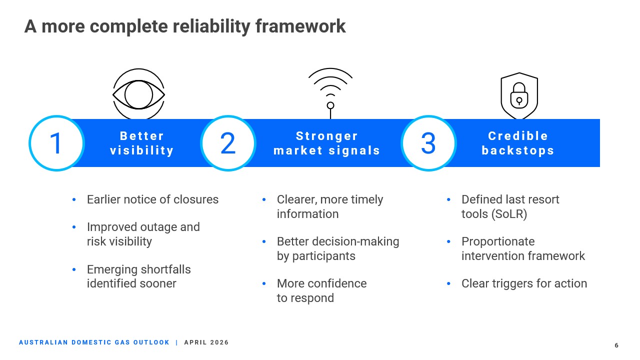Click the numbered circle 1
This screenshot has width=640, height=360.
pos(56,143)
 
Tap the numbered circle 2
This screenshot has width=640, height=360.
pos(228,143)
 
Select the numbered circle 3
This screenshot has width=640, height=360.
pos(428,143)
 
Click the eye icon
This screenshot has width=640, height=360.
pos(138,94)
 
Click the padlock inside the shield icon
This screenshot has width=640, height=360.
pos(519,96)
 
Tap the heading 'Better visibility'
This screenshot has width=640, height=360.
pos(142,143)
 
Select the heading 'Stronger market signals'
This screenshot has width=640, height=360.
pos(327,143)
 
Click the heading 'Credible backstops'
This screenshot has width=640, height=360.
pos(518,143)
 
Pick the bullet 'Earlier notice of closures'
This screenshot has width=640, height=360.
pos(152,199)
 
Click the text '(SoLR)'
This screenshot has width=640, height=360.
pos(509,214)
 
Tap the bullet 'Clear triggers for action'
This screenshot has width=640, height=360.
pos(524,283)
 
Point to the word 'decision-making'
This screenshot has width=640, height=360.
pos(355,241)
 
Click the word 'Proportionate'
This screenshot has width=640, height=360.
pos(498,241)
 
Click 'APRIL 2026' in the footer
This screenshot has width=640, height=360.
pos(206,342)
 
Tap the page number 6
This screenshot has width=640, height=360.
pos(616,345)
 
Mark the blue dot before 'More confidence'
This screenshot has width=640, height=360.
pos(264,283)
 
